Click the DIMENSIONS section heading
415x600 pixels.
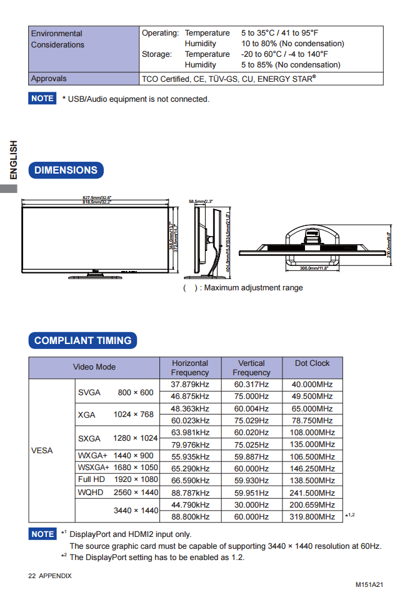click(66, 170)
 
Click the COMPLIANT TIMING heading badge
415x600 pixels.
click(82, 341)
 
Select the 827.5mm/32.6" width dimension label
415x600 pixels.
click(97, 198)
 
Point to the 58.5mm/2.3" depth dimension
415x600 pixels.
click(201, 202)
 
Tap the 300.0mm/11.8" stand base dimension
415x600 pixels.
click(314, 268)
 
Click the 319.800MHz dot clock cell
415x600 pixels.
click(312, 517)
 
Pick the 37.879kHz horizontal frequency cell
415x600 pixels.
click(190, 385)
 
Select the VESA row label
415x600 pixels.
click(42, 451)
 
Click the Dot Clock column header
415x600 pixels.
click(312, 363)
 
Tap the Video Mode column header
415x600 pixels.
click(94, 367)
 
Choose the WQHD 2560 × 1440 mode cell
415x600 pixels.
click(117, 493)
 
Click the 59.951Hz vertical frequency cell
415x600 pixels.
click(251, 493)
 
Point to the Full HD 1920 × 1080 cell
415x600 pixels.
click(117, 480)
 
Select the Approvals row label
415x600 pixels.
click(49, 79)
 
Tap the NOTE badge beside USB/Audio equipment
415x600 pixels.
click(42, 99)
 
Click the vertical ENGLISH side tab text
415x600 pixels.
click(13, 160)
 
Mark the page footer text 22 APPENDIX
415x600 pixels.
click(50, 576)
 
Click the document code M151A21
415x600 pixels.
click(369, 585)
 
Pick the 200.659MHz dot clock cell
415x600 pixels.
click(312, 505)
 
